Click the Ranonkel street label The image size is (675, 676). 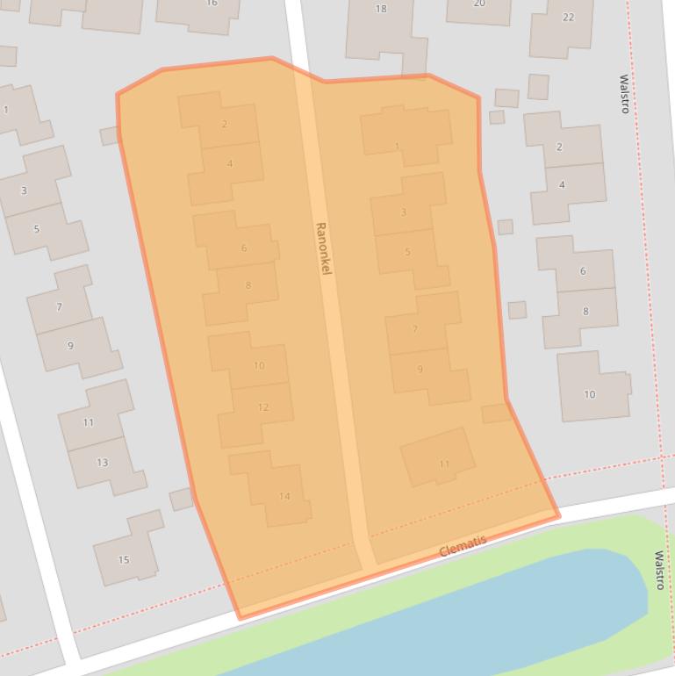322,248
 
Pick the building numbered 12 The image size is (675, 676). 262,407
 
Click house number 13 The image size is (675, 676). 103,463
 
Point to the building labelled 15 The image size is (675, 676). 124,559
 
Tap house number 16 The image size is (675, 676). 211,4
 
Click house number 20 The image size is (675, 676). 479,4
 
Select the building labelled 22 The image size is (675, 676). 568,18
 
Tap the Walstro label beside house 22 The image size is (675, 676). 625,94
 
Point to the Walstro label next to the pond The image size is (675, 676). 659,570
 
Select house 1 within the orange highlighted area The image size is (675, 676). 397,147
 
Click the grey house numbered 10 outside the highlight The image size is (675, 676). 590,394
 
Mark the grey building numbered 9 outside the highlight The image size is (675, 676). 70,345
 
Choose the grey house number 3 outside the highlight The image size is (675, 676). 24,191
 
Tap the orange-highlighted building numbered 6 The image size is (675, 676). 244,248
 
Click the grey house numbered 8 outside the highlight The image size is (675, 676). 585,311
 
